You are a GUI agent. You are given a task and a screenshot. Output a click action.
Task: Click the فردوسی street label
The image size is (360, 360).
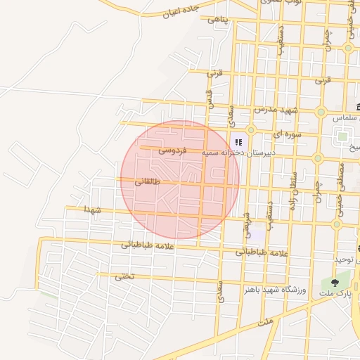(172, 150)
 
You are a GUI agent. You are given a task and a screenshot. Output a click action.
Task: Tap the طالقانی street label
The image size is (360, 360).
(147, 181)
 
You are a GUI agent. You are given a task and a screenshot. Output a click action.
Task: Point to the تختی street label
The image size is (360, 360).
(123, 276)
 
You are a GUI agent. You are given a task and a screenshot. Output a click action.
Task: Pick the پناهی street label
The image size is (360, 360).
(217, 20)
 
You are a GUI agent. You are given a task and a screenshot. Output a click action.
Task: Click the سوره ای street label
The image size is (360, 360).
(288, 132)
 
